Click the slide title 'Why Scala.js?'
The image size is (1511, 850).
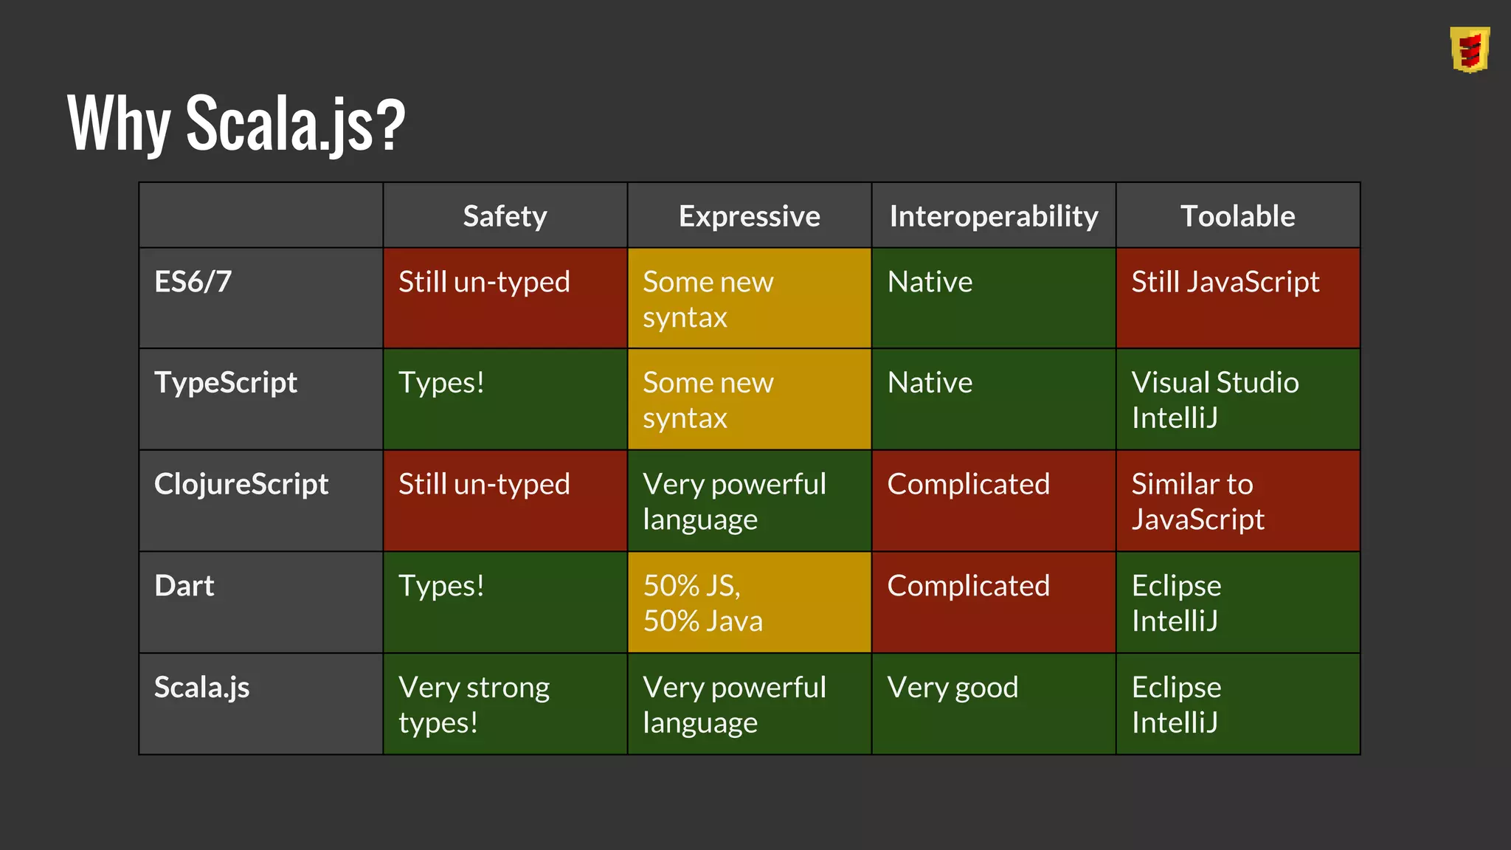coord(236,123)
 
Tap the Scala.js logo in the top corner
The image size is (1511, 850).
coord(1469,49)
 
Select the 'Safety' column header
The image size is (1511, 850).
coord(505,216)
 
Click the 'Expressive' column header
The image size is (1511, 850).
coord(749,216)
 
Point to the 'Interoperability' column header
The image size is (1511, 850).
coord(993,216)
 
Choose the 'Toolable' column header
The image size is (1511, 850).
coord(1237,216)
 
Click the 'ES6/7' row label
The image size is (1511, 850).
coord(193,282)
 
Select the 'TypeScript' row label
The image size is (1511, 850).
coord(226,383)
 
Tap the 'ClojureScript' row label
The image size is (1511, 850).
coord(241,484)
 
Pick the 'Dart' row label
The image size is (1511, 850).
coord(184,586)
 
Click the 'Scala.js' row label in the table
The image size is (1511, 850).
coord(202,688)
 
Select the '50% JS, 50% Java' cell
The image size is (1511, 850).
coord(702,603)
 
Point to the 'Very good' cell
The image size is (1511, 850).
coord(952,688)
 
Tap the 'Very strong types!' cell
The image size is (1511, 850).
coord(474,705)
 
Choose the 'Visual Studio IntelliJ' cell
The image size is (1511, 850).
coord(1215,400)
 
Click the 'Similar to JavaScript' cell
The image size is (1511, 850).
coord(1198,502)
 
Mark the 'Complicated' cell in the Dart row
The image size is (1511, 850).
coord(968,586)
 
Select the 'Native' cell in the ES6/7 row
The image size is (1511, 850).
coord(930,282)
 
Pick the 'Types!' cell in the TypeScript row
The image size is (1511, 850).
coord(441,383)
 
